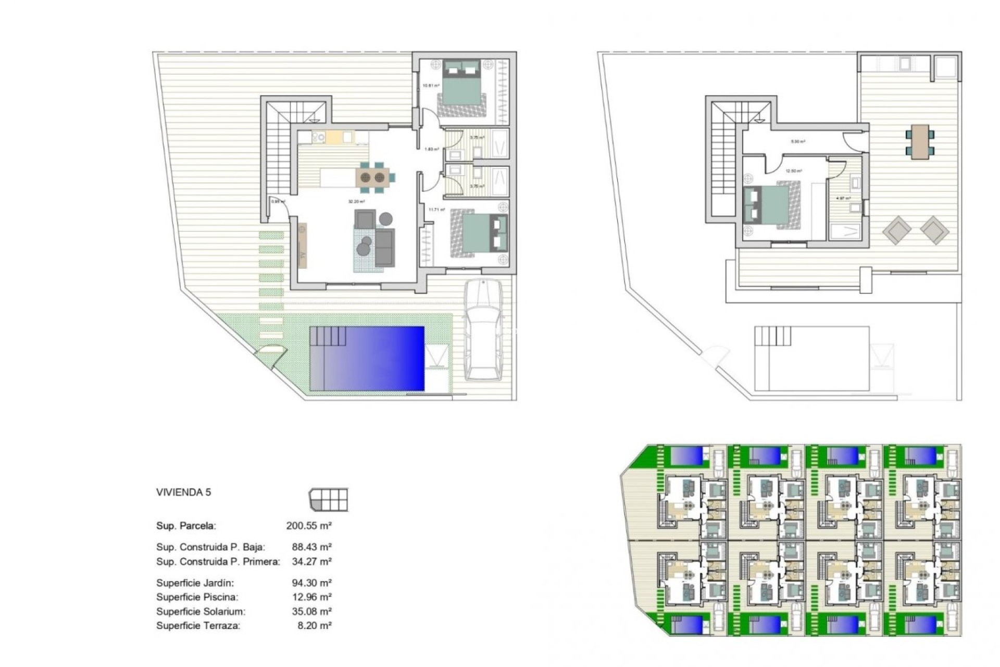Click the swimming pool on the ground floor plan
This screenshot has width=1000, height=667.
click(x=367, y=359)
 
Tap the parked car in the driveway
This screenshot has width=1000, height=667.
click(x=485, y=330)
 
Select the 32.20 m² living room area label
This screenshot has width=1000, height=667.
click(x=357, y=202)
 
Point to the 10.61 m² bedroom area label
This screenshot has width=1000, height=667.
click(x=430, y=85)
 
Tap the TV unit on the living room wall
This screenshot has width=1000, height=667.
click(x=302, y=245)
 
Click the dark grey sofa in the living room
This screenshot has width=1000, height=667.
click(x=385, y=247)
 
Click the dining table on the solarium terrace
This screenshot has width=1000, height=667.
click(x=920, y=141)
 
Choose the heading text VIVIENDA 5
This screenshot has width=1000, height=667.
click(x=184, y=492)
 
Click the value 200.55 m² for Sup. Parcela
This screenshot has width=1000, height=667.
click(x=309, y=526)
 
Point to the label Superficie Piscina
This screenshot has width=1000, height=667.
click(x=197, y=597)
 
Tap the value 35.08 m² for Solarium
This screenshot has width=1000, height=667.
click(x=311, y=611)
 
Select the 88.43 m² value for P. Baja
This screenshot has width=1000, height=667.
click(x=311, y=547)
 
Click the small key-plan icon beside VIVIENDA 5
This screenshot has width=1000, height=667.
click(x=328, y=500)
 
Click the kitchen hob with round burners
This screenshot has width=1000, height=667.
click(x=318, y=138)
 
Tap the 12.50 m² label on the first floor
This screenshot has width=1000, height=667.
click(x=793, y=171)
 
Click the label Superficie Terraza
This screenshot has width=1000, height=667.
click(x=198, y=626)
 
